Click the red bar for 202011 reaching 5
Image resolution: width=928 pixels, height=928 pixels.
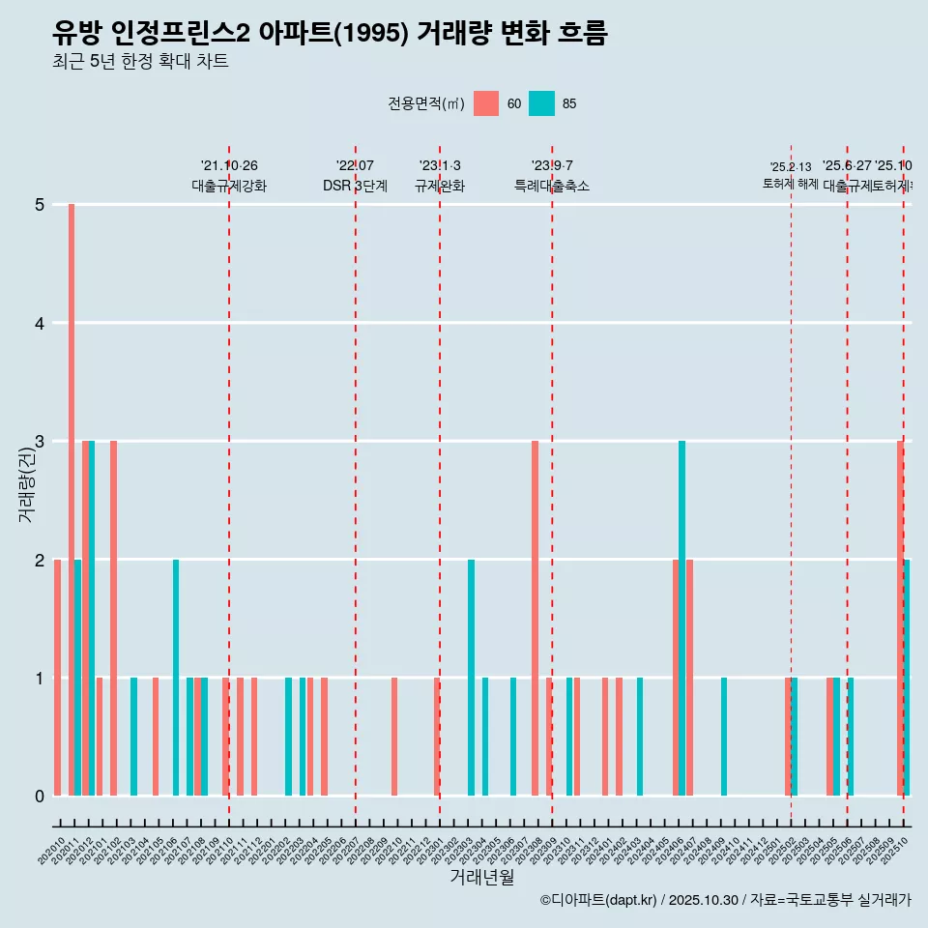(x=72, y=500)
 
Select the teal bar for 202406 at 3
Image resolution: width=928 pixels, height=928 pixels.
(x=681, y=619)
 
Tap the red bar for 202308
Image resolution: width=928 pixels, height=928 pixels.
(x=535, y=619)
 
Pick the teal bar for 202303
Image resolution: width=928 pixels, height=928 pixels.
(x=471, y=678)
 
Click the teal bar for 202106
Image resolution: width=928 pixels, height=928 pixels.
(x=176, y=678)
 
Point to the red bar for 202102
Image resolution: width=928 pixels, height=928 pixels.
(x=113, y=619)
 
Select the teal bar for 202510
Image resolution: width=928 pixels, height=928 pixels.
(x=907, y=678)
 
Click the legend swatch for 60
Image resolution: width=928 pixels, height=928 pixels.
(x=486, y=103)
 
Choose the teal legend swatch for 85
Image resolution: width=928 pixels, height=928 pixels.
(x=542, y=103)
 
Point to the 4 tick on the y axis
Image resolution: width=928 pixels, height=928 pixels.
(x=40, y=323)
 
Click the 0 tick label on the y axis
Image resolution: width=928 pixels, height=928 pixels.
(x=40, y=797)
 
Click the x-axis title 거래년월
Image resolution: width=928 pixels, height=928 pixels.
(x=481, y=877)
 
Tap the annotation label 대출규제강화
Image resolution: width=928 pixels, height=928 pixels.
(x=229, y=187)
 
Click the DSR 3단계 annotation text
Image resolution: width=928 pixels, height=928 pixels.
(x=355, y=187)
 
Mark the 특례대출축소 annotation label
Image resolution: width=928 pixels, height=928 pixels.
(x=552, y=187)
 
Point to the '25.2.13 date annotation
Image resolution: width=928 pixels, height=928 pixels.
(x=791, y=167)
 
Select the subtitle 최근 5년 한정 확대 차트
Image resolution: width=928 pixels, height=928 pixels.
(x=141, y=63)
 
